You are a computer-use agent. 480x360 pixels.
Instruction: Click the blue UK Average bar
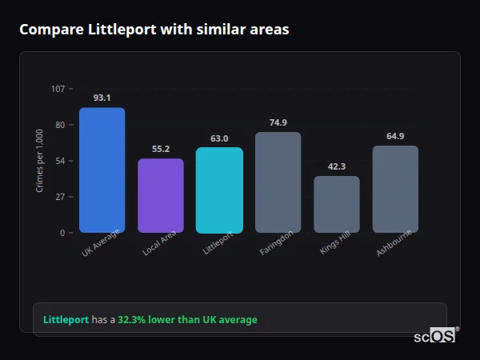102,170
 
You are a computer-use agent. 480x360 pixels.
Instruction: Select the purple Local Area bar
160,195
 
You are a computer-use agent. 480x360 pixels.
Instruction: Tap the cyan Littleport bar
219,190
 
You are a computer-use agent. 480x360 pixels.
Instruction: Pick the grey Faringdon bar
278,182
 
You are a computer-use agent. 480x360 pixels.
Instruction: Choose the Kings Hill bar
336,204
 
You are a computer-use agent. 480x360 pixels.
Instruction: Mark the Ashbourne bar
395,189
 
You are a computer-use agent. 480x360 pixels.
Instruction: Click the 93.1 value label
102,98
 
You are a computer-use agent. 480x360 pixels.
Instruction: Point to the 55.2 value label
160,149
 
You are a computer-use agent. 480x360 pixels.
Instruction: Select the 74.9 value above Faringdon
278,122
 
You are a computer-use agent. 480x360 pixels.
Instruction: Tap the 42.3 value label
336,166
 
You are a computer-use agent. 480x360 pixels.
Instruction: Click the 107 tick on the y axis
58,89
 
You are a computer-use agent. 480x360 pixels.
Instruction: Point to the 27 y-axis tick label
60,197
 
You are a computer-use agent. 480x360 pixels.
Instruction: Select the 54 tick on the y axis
60,161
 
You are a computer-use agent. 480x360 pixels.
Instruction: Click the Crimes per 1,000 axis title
40,161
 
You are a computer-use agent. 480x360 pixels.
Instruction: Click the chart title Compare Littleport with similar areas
154,30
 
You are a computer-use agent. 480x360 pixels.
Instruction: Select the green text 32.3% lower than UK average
187,320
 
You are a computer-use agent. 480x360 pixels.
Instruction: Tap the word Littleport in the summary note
66,320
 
